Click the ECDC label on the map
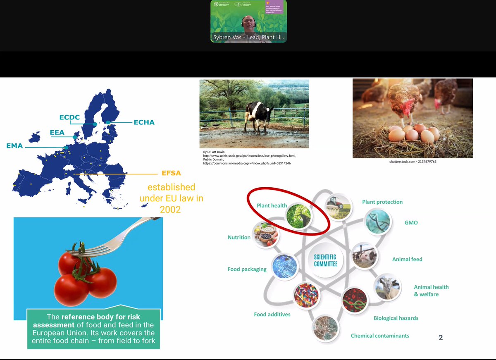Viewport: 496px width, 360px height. pyautogui.click(x=69, y=117)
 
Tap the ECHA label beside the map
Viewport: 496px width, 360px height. pyautogui.click(x=144, y=122)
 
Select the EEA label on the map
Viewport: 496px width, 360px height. pyautogui.click(x=57, y=133)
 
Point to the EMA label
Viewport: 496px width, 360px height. pyautogui.click(x=14, y=146)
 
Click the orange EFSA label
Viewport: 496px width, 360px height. pyautogui.click(x=171, y=173)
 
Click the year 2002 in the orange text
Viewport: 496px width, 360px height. pyautogui.click(x=170, y=210)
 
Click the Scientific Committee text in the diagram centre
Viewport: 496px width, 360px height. pyautogui.click(x=326, y=260)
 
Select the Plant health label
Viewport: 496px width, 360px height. pyautogui.click(x=272, y=205)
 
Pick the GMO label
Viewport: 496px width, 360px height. pyautogui.click(x=411, y=223)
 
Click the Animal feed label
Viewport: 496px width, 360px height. pyautogui.click(x=407, y=259)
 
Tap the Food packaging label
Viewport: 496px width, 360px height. pyautogui.click(x=247, y=269)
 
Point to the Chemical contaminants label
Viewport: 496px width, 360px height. pyautogui.click(x=380, y=336)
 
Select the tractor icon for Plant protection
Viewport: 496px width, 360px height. pyautogui.click(x=338, y=206)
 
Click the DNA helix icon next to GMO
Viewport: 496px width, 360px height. pyautogui.click(x=377, y=221)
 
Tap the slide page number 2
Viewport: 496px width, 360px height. pyautogui.click(x=441, y=338)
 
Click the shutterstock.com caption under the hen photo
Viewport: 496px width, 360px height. pyautogui.click(x=413, y=162)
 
